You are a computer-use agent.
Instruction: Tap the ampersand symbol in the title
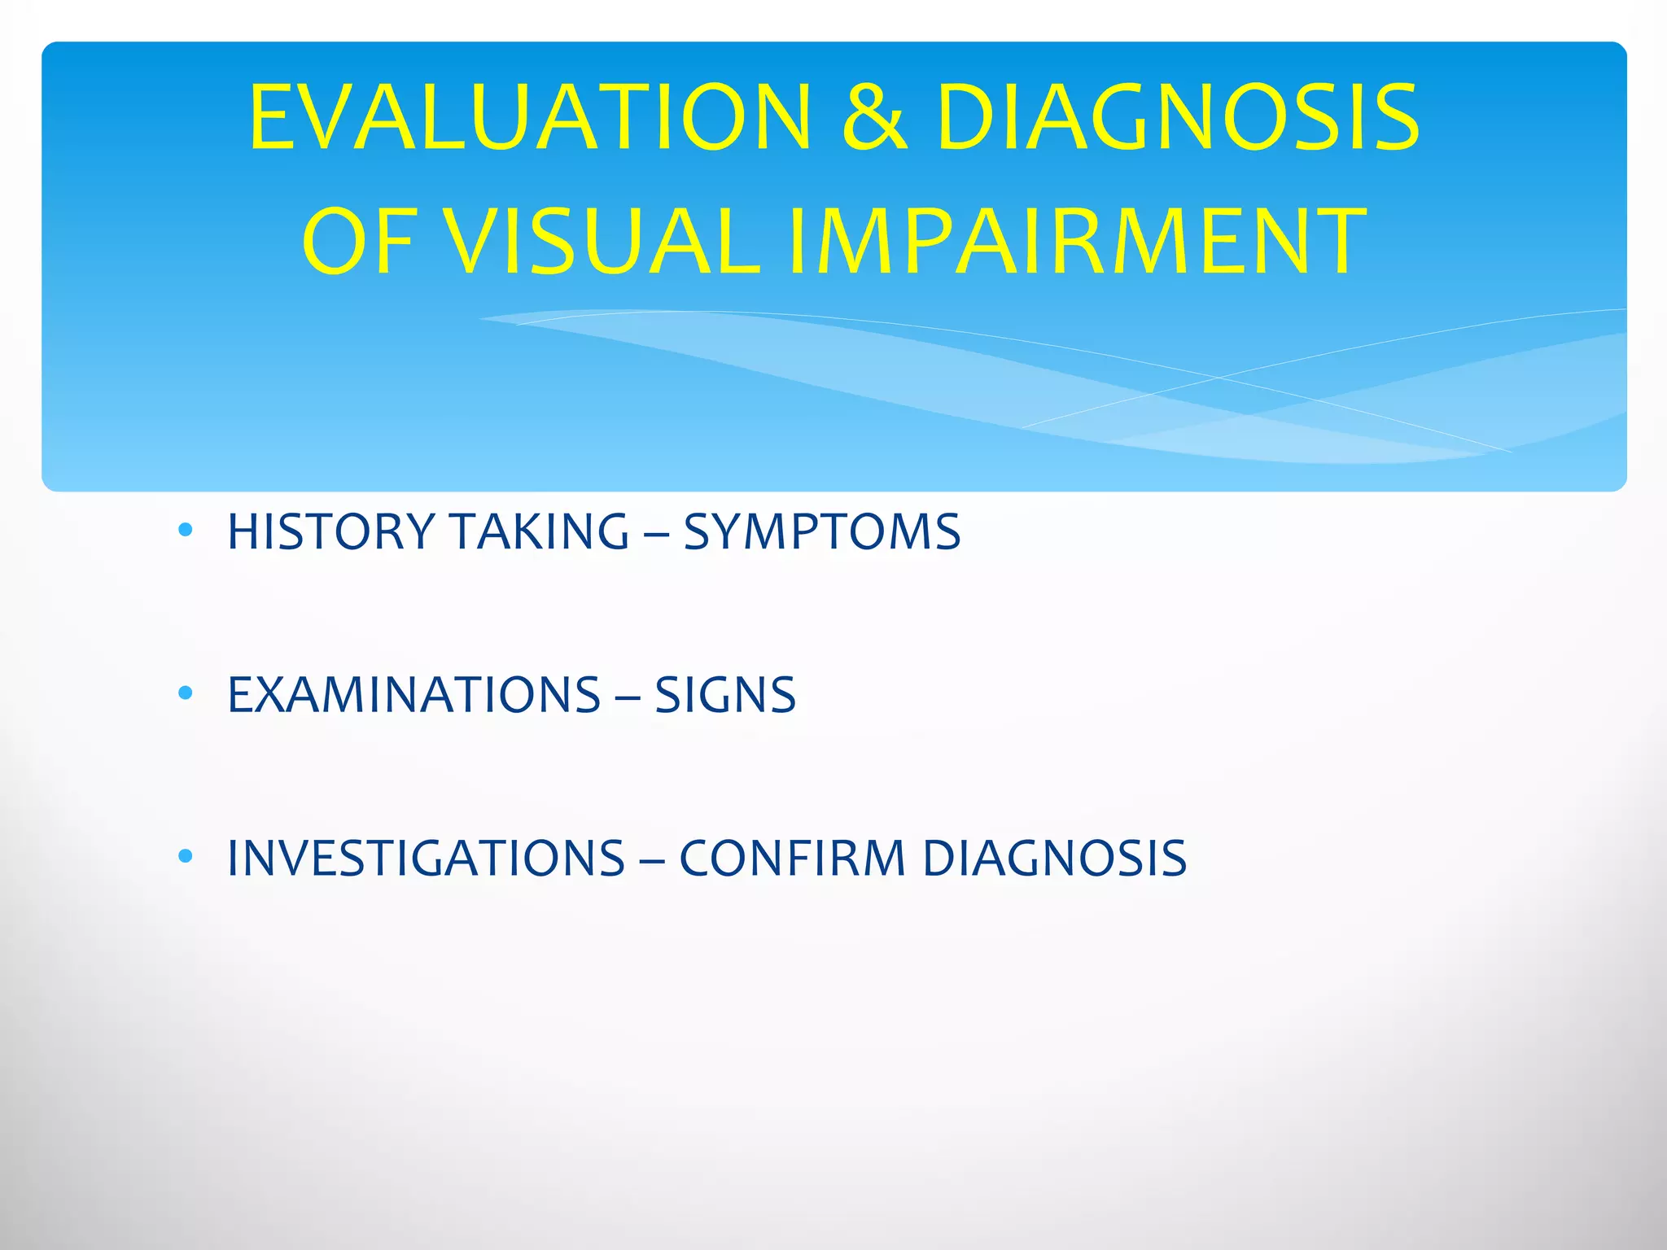click(x=874, y=118)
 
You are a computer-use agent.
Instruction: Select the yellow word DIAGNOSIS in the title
click(x=1177, y=118)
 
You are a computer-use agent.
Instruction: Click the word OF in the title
click(x=358, y=243)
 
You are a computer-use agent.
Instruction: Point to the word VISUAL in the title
click(x=605, y=243)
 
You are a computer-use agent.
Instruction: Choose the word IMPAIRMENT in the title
click(x=1077, y=243)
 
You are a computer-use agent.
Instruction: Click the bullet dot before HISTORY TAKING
click(x=186, y=531)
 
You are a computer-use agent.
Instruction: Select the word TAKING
click(x=540, y=532)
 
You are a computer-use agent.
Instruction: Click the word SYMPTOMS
click(x=822, y=532)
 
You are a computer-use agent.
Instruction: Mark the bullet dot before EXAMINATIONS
click(x=186, y=693)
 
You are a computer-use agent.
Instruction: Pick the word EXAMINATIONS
click(x=413, y=696)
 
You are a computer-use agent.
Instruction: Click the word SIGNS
click(x=725, y=696)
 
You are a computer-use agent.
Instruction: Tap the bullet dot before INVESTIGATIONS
click(x=186, y=856)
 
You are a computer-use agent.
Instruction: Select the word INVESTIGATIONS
click(x=426, y=859)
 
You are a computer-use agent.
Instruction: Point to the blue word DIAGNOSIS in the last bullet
click(x=1055, y=859)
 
